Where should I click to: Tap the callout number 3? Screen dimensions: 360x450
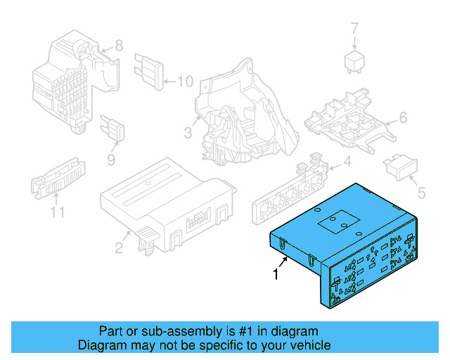point(188,133)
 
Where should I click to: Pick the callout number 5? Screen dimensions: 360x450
point(422,191)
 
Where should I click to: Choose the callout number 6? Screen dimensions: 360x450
point(403,117)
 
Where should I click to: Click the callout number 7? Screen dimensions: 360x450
point(354,29)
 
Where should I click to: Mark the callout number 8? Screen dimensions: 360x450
point(118,46)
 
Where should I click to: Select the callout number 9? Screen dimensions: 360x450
point(110,160)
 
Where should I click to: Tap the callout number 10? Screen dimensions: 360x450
point(184,82)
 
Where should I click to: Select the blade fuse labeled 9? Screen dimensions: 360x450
point(114,129)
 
